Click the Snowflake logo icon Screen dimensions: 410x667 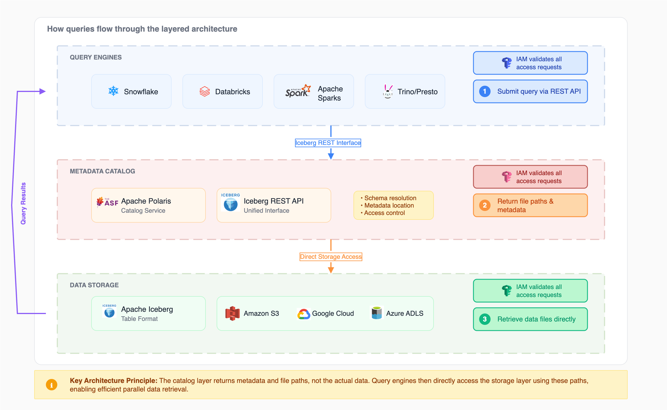(x=113, y=91)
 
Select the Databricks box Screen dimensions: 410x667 (x=222, y=91)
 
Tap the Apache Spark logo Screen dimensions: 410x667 (x=298, y=91)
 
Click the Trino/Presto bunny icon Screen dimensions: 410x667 (x=388, y=91)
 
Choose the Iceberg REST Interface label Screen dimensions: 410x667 (x=328, y=143)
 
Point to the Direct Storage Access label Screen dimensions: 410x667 (x=331, y=257)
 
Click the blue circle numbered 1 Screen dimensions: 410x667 (x=485, y=91)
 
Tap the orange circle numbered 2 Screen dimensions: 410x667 (x=485, y=205)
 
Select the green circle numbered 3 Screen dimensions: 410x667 (x=485, y=319)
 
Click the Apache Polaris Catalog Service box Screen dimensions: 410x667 (x=148, y=205)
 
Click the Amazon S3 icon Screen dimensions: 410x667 (x=232, y=313)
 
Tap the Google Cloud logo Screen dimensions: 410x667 (x=304, y=314)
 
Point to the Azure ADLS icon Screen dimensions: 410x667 (x=377, y=313)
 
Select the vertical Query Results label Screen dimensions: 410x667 (x=23, y=203)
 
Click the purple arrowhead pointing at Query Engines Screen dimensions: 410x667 (x=42, y=91)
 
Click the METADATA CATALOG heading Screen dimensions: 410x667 (x=102, y=171)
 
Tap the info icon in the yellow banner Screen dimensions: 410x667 (x=52, y=385)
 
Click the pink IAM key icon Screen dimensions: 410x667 (x=507, y=177)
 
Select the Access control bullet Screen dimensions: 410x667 (x=384, y=213)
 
